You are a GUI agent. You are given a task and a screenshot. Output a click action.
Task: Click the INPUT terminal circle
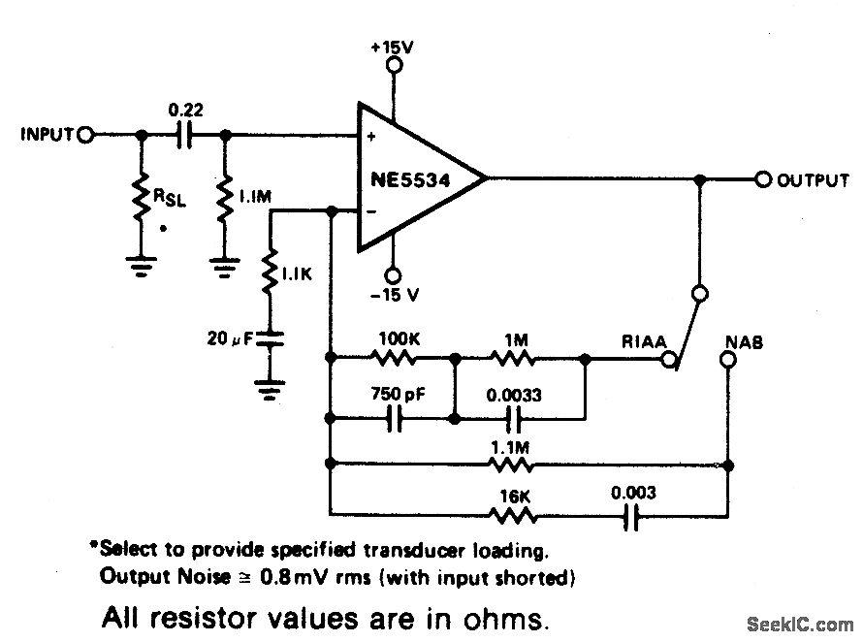(85, 135)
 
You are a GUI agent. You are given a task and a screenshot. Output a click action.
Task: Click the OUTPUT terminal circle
(762, 179)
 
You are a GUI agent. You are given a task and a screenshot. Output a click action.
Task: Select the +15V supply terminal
(394, 65)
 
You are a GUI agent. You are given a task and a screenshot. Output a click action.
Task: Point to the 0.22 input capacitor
(184, 136)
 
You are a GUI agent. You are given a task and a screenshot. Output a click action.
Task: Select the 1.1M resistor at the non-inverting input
(226, 198)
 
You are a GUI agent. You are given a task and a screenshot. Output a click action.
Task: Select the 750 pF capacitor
(394, 419)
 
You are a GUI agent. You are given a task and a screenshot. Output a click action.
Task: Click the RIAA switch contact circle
(667, 360)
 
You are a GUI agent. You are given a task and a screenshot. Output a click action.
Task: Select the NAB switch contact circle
(726, 360)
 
